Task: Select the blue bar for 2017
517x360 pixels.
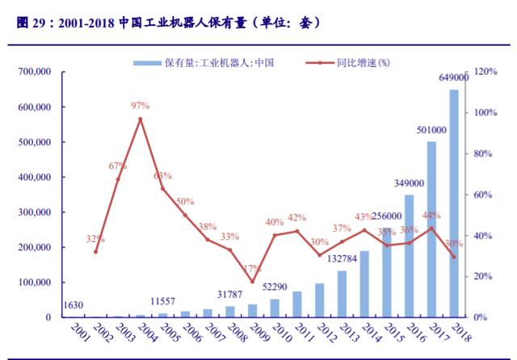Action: coord(432,229)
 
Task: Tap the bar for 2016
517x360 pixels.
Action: coord(410,256)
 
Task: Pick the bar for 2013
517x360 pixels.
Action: coord(343,294)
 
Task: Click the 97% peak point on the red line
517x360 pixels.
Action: coord(141,119)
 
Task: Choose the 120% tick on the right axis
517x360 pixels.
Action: coord(485,72)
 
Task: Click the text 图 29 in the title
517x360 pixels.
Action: coord(32,22)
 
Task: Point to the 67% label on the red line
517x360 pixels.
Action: coord(118,165)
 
